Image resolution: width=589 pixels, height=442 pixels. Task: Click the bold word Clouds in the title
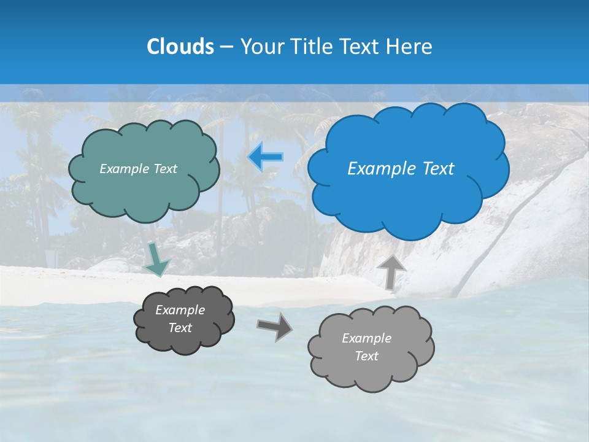point(180,47)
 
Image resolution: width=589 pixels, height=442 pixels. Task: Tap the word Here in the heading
point(411,47)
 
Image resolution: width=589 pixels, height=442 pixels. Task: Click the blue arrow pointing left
point(266,157)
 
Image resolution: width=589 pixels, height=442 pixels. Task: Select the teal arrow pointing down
point(157,260)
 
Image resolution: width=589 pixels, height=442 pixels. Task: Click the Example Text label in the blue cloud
point(401,169)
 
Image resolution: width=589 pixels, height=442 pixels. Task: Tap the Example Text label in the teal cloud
point(138,169)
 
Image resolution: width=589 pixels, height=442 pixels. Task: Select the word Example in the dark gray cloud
point(180,310)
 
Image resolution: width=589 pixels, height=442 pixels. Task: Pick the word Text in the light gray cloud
point(366,356)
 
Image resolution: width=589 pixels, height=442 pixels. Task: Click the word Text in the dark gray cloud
point(180,328)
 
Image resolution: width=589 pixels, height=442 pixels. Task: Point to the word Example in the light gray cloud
point(366,338)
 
